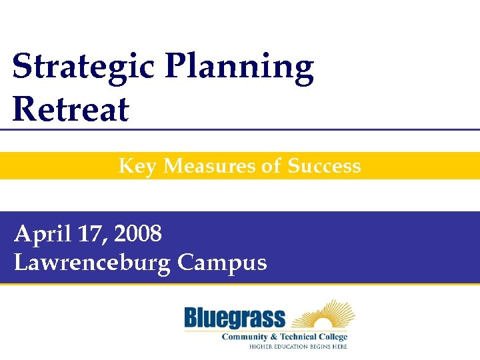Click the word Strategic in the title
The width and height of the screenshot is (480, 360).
(x=83, y=68)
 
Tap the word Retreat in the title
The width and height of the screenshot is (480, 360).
(x=71, y=109)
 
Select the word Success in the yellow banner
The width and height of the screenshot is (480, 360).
(x=324, y=166)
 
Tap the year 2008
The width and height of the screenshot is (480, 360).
(x=138, y=234)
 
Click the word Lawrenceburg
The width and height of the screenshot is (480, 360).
(x=93, y=263)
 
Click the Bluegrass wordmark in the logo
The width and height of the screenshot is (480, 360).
(x=234, y=318)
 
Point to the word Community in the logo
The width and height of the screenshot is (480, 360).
(x=247, y=337)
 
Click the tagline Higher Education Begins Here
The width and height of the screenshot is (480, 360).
(x=298, y=346)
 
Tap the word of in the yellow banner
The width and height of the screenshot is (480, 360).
(x=271, y=166)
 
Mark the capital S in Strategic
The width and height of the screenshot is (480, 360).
(x=22, y=67)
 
